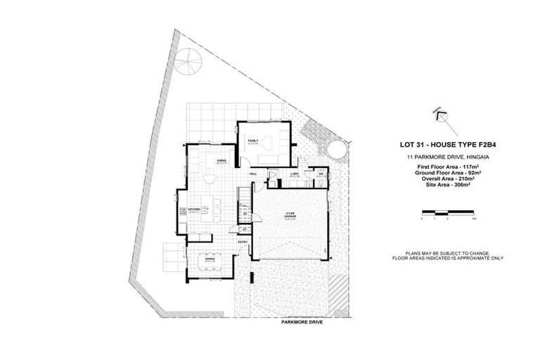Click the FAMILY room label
[252, 141]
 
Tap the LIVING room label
[221, 161]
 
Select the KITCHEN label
[193, 209]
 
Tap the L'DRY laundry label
[295, 174]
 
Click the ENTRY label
[243, 243]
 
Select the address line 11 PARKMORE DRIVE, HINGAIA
[442, 156]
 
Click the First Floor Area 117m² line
[442, 167]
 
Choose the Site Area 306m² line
[442, 185]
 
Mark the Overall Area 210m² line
[442, 179]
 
